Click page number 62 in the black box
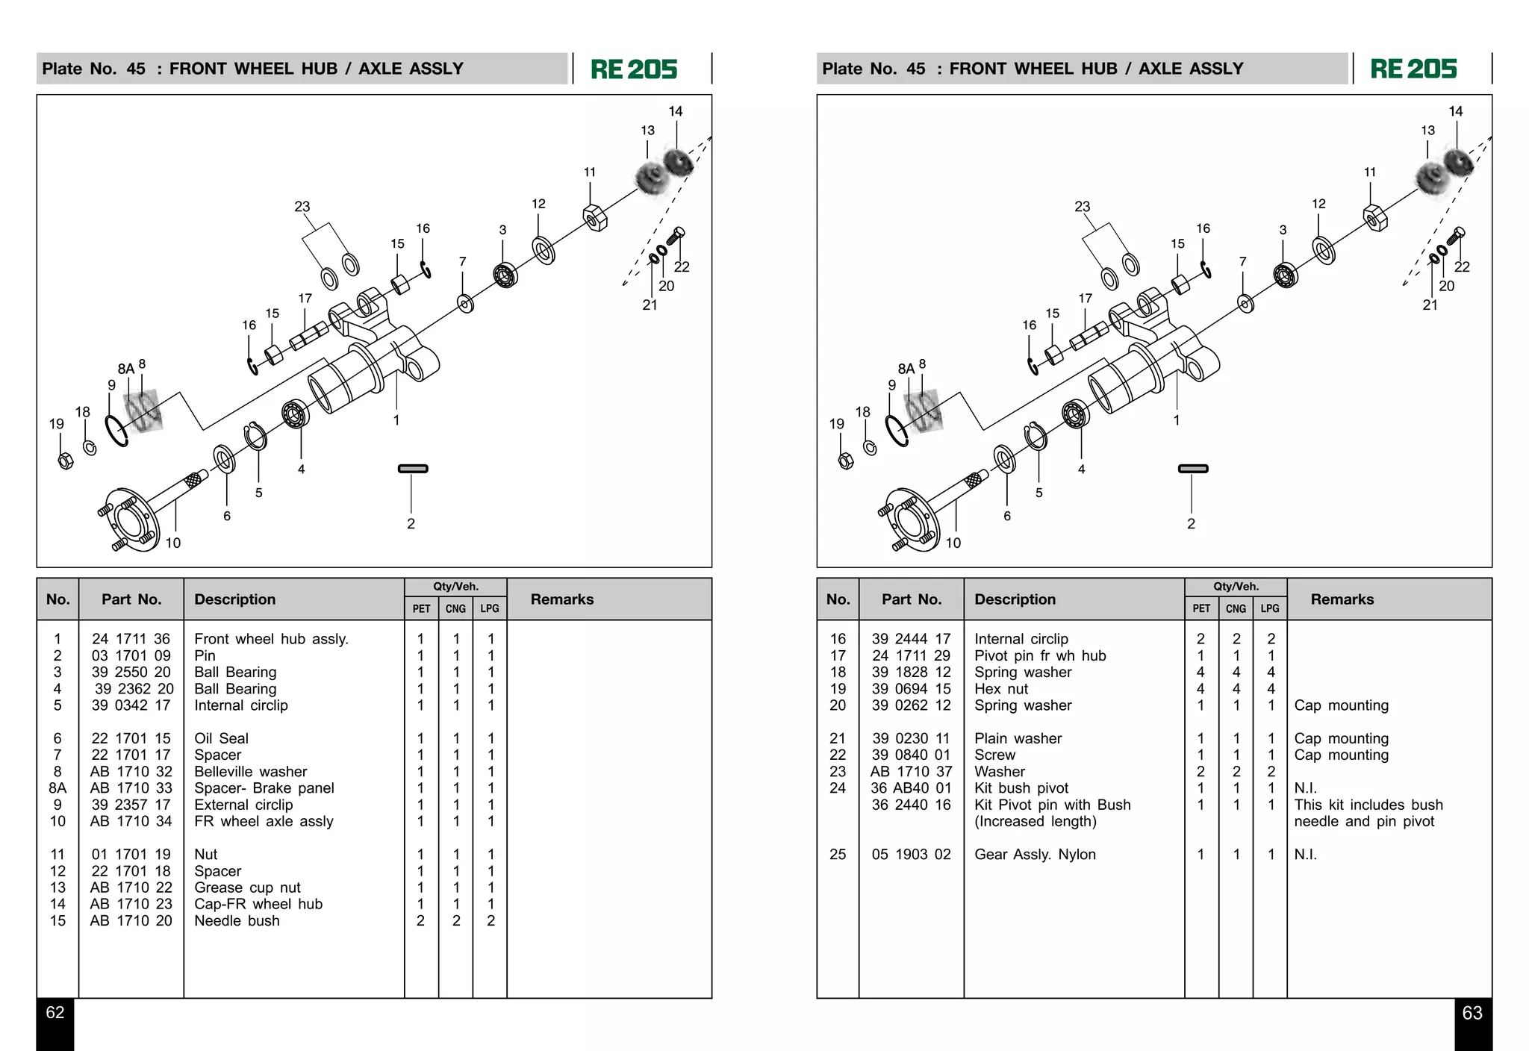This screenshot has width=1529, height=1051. click(x=55, y=1013)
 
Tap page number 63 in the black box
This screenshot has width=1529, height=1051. click(x=1472, y=1013)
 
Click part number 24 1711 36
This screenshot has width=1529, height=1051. click(x=131, y=639)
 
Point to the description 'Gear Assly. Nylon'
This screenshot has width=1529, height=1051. click(x=1035, y=855)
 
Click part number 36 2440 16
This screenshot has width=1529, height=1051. click(x=911, y=805)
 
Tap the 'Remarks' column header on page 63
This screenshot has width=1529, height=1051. click(x=1342, y=599)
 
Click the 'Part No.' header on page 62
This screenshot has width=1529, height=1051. click(x=131, y=599)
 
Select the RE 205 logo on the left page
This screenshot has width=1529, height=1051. click(x=634, y=69)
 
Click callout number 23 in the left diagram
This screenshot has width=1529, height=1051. click(x=302, y=207)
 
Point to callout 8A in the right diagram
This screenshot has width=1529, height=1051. click(x=906, y=369)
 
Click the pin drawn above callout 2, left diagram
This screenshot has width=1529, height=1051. click(x=413, y=469)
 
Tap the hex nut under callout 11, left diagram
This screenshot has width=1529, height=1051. click(x=595, y=218)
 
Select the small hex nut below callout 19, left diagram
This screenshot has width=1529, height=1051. click(x=65, y=461)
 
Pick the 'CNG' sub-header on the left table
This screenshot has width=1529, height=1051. click(x=455, y=609)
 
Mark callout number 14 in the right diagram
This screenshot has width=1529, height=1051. click(x=1455, y=111)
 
